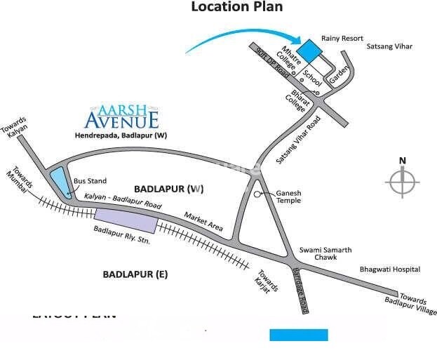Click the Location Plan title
[x=237, y=8]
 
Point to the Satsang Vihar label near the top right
[x=389, y=46]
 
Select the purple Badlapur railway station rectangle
[x=126, y=220]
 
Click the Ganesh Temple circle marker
[x=258, y=193]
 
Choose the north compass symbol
[x=402, y=183]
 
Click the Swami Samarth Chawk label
[x=325, y=254]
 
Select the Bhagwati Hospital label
[x=390, y=269]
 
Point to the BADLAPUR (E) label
[x=135, y=274]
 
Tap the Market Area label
[x=203, y=222]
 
